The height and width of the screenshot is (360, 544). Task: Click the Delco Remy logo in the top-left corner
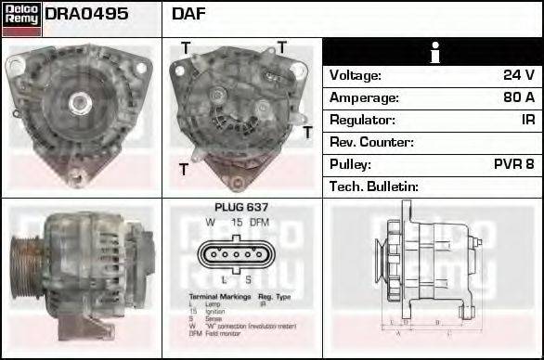tap(21, 18)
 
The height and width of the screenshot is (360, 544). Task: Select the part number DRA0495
tap(86, 15)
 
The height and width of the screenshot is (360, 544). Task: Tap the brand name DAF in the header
tap(189, 15)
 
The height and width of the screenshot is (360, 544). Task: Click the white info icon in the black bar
tap(433, 52)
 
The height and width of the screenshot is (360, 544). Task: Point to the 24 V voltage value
tap(518, 75)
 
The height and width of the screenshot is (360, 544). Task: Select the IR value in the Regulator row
tap(526, 120)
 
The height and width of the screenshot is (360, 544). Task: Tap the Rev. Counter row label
tap(372, 142)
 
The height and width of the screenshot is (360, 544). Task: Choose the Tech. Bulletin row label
tap(374, 186)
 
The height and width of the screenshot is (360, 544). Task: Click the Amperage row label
tap(365, 97)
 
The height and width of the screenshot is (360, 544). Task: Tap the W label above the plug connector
tap(211, 223)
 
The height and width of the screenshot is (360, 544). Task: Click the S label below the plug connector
tap(249, 279)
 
